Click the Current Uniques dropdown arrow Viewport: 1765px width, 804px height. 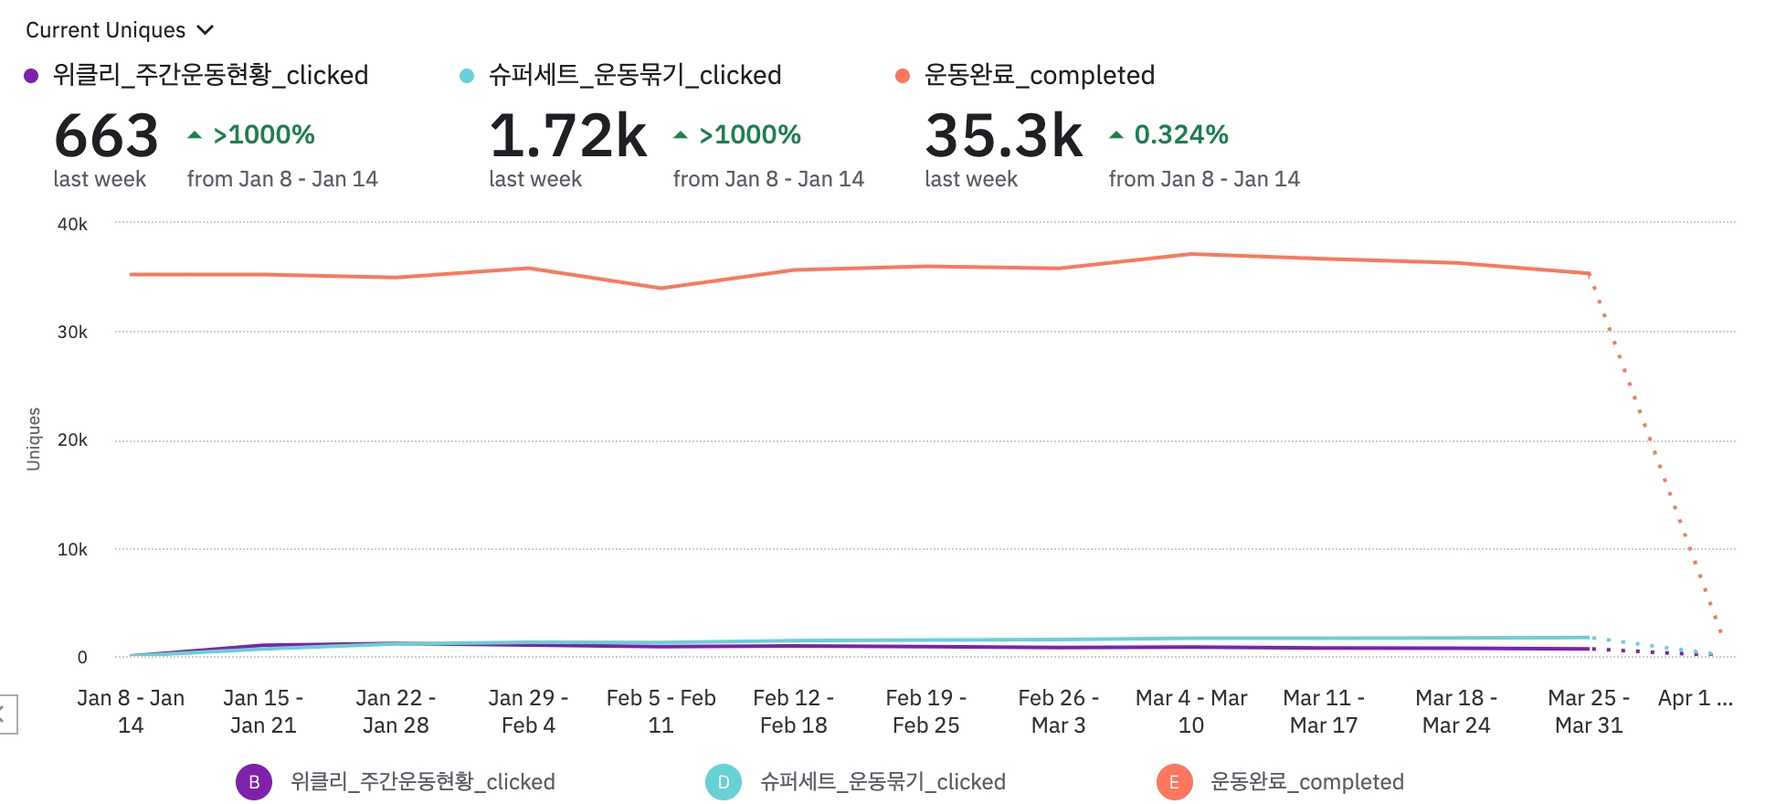206,30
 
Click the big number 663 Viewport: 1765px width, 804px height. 107,136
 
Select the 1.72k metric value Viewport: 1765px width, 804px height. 568,136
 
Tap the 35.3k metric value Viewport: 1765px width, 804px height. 1004,136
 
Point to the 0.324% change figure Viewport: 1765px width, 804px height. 1180,135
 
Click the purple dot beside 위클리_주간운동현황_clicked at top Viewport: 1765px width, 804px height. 31,76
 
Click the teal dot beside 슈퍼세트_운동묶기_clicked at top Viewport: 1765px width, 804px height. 467,76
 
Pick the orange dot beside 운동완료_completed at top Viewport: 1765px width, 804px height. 903,76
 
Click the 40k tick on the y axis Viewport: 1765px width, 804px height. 72,224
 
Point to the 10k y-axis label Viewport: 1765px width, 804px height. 72,549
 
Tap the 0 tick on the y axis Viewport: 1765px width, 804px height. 82,657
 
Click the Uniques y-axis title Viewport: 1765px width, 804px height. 34,439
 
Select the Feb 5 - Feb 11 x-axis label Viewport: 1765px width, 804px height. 661,712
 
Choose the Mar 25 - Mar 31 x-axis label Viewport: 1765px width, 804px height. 1589,712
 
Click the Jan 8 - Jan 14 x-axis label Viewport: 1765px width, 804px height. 131,712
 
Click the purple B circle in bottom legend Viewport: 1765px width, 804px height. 254,782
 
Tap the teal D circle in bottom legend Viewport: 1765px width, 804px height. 724,782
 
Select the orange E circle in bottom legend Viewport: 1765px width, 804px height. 1174,782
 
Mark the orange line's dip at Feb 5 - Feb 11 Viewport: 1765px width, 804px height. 661,288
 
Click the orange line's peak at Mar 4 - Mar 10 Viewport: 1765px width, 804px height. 1191,254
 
